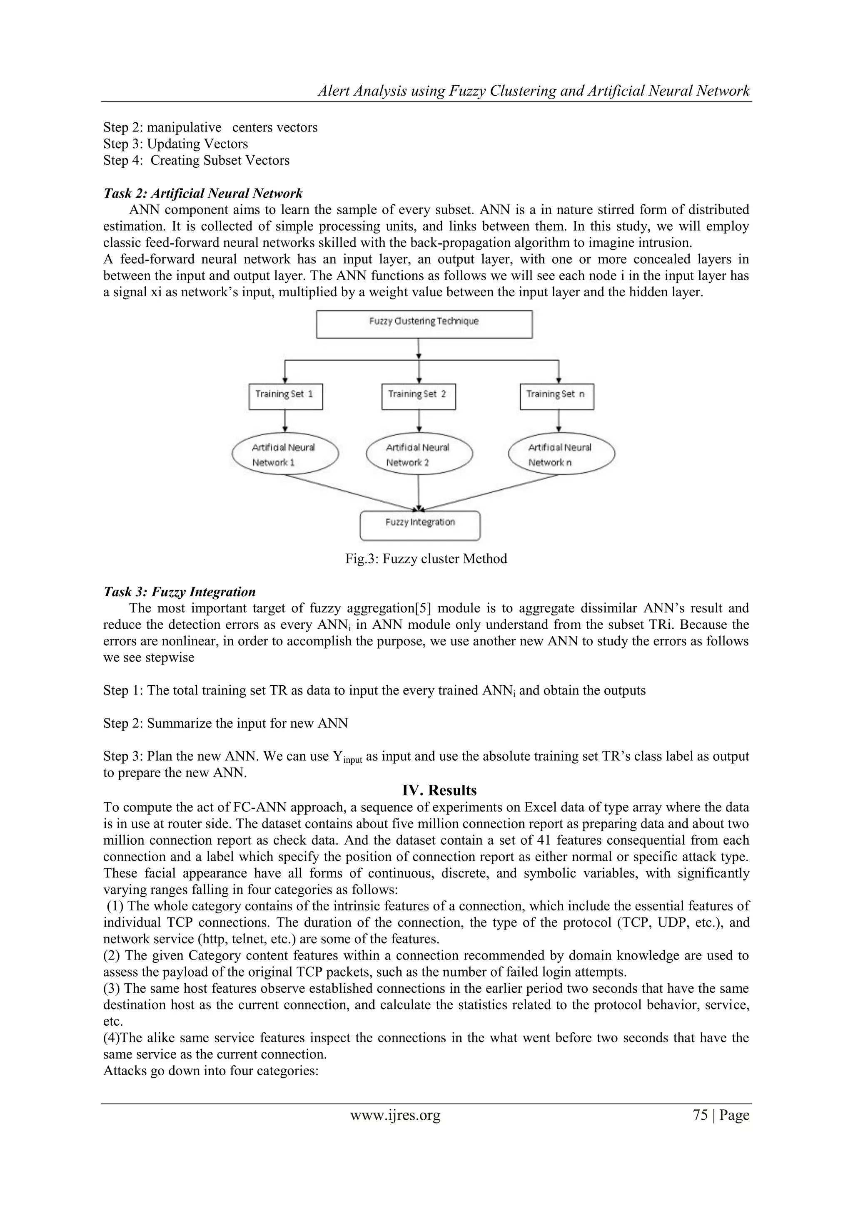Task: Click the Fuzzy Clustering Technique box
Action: click(424, 324)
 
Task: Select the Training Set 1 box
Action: click(285, 397)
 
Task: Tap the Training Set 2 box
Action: click(418, 397)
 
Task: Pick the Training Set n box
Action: click(557, 397)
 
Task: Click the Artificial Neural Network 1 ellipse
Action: click(285, 454)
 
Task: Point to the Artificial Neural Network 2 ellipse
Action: click(419, 454)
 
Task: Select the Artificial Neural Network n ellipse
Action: click(561, 454)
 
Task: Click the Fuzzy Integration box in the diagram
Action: click(420, 526)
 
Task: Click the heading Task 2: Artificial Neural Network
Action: click(203, 193)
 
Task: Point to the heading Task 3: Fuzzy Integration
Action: click(179, 592)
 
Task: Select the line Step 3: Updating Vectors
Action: click(175, 144)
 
